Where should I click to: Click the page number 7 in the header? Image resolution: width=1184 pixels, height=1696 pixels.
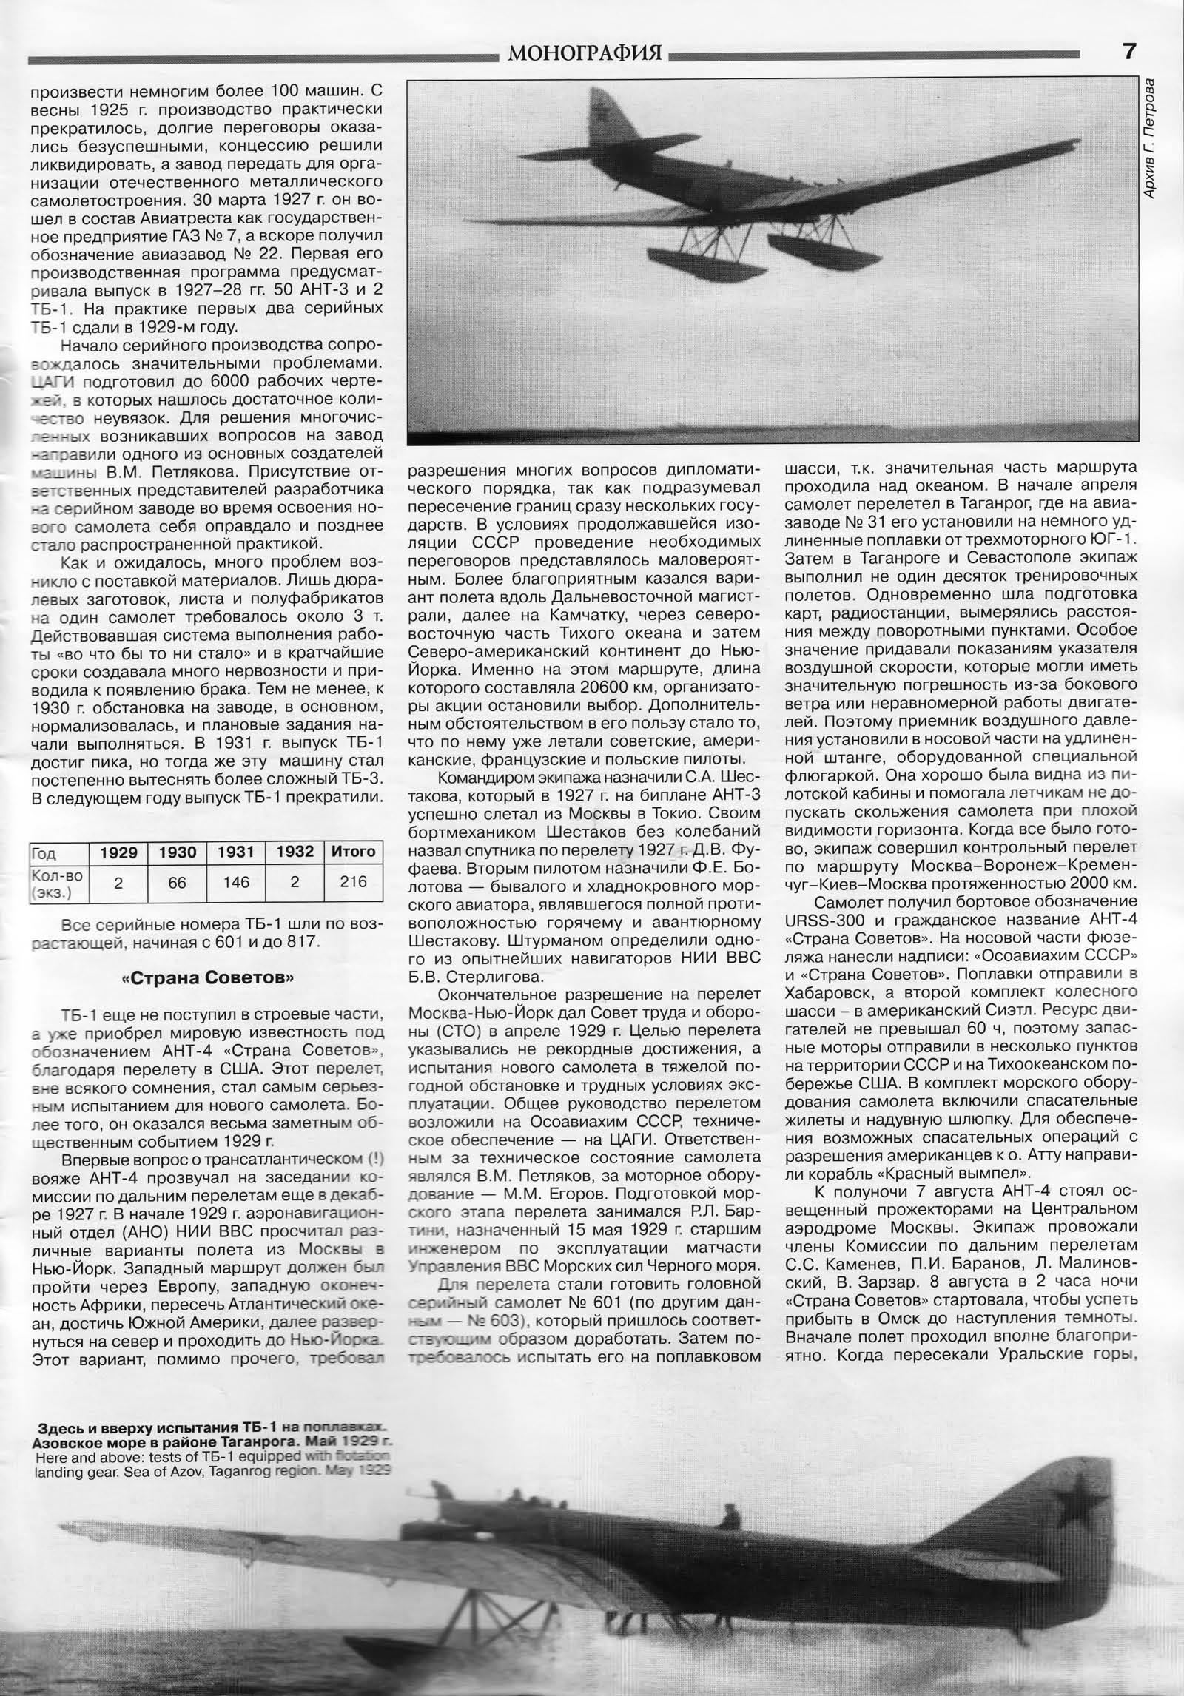pos(1128,52)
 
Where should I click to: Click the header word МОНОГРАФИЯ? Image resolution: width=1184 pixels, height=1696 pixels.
pos(585,53)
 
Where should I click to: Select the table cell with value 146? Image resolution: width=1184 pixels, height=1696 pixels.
pos(236,882)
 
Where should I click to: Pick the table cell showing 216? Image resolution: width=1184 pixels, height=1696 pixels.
pos(354,882)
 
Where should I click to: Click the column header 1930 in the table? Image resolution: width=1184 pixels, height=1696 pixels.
pos(177,852)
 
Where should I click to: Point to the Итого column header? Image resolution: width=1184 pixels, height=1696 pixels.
pos(354,852)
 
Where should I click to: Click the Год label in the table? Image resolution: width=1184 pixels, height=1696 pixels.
pos(44,852)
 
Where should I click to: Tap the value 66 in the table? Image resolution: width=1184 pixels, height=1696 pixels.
pos(177,882)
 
